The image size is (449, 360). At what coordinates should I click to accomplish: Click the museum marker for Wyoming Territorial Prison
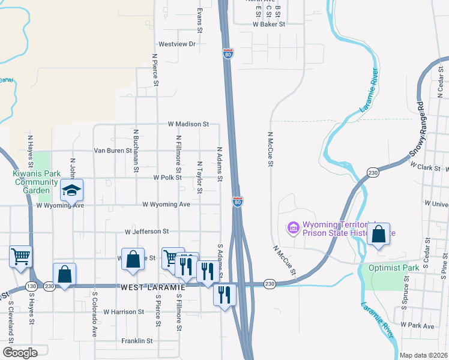(293, 227)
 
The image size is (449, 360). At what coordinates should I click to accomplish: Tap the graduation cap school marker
(71, 191)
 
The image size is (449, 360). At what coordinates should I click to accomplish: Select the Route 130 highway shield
(31, 287)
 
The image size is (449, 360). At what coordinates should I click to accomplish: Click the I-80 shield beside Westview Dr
(228, 53)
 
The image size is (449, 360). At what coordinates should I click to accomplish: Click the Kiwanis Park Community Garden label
(31, 182)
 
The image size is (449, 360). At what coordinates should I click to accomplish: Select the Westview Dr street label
(177, 44)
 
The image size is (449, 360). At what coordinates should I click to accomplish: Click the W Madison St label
(188, 124)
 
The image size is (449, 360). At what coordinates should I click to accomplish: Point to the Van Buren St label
(112, 151)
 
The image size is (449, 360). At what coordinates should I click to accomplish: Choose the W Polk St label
(167, 178)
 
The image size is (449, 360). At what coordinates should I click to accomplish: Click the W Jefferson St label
(147, 232)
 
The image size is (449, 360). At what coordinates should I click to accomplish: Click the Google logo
(20, 353)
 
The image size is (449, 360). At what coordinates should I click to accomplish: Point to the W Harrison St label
(124, 312)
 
